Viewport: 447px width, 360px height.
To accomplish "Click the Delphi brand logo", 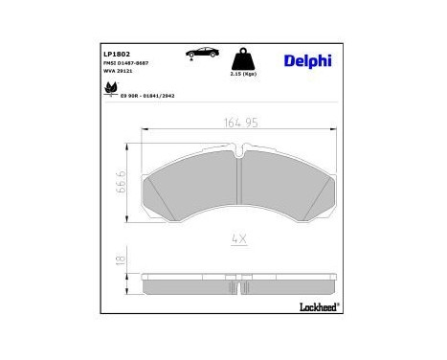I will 307,61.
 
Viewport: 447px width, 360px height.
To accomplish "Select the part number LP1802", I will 116,55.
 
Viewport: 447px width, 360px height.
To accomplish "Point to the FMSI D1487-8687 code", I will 126,64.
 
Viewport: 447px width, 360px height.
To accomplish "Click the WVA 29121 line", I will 118,73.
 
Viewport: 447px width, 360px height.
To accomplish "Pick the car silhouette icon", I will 202,52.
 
